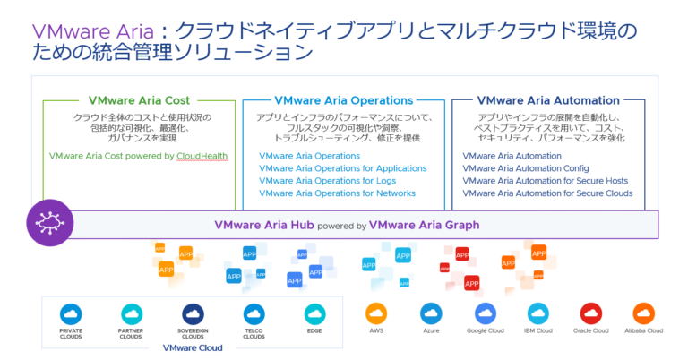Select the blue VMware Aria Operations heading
coord(343,100)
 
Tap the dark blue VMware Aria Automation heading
coord(548,100)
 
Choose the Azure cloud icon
coord(431,313)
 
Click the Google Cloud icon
coord(485,313)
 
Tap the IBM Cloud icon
coord(538,313)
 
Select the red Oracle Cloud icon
coord(591,313)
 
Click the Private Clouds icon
coord(71,314)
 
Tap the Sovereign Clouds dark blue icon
coord(193,314)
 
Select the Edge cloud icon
coord(314,314)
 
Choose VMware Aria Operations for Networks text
coord(337,193)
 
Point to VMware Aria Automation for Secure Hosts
coord(546,181)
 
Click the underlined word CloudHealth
coord(202,156)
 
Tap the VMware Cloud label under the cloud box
coord(193,347)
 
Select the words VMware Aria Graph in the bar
coord(424,225)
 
